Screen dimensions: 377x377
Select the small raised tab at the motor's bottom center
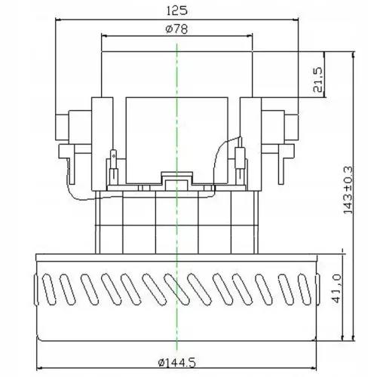tap(176, 179)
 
